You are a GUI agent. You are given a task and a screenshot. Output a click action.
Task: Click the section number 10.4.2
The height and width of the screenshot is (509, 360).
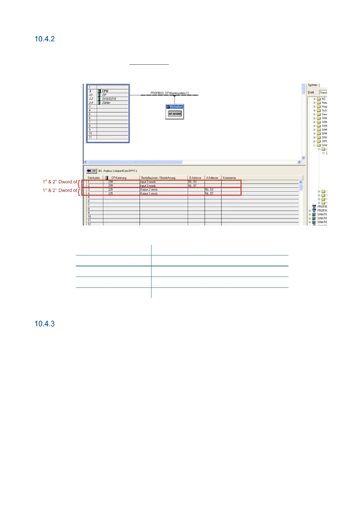click(44, 39)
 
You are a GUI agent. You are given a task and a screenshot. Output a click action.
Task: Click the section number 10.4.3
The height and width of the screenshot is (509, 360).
click(44, 324)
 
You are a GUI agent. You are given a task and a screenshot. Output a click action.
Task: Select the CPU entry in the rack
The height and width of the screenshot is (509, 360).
click(105, 91)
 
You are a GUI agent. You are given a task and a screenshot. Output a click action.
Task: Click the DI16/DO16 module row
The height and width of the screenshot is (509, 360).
click(109, 99)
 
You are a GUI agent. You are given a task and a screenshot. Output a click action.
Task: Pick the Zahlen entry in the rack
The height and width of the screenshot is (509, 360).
click(106, 103)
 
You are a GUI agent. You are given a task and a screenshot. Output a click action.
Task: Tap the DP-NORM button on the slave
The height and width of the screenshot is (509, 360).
click(174, 114)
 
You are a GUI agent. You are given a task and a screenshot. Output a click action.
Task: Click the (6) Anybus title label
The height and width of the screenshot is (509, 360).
click(176, 107)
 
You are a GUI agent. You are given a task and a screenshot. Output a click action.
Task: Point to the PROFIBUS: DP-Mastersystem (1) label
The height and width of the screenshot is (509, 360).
click(170, 93)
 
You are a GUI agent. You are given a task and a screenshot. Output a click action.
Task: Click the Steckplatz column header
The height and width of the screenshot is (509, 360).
click(94, 178)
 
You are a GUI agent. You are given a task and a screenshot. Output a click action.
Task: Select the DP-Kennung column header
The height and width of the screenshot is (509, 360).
click(119, 178)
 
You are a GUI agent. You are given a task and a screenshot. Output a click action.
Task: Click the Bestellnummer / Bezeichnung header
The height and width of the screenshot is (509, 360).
click(158, 178)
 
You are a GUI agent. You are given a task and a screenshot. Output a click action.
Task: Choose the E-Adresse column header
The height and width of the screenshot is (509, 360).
click(195, 178)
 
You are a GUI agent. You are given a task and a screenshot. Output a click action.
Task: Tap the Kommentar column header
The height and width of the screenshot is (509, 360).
click(229, 178)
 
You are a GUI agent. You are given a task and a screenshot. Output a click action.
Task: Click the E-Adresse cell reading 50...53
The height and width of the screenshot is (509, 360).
click(192, 182)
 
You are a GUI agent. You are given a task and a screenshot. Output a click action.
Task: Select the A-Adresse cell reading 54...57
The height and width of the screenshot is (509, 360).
click(209, 193)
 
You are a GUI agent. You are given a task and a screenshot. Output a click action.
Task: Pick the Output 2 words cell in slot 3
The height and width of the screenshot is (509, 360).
click(149, 190)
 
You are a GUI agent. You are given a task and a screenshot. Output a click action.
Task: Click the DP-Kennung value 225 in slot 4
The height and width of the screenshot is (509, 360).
click(111, 193)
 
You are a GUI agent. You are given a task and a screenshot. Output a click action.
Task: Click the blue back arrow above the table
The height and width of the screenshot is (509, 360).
click(89, 171)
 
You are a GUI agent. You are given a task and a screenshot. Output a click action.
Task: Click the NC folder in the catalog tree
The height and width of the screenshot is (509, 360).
click(323, 99)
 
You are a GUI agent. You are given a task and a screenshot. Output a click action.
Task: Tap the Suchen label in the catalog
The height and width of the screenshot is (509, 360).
click(313, 85)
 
